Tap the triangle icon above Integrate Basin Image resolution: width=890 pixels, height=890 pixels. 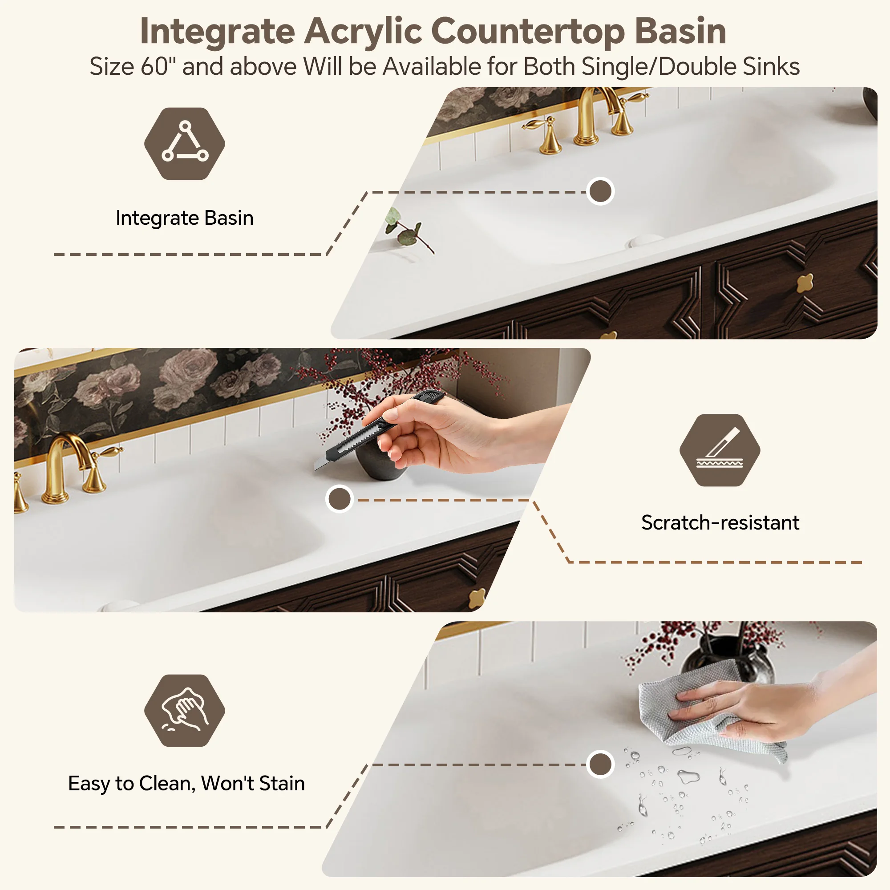[185, 143]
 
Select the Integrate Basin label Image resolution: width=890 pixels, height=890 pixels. [185, 218]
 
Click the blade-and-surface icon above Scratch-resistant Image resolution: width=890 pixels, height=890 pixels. [720, 450]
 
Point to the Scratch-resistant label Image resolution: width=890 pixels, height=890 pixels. [720, 522]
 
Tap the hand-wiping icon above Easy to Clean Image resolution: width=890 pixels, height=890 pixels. [185, 710]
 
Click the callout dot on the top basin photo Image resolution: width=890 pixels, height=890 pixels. [600, 191]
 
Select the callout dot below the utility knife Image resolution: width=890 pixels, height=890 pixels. [339, 499]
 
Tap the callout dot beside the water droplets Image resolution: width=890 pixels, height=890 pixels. [600, 764]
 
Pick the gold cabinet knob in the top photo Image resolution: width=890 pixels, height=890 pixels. [805, 282]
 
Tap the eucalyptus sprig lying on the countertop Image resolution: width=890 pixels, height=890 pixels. [408, 229]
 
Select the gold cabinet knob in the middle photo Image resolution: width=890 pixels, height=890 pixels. [477, 599]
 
